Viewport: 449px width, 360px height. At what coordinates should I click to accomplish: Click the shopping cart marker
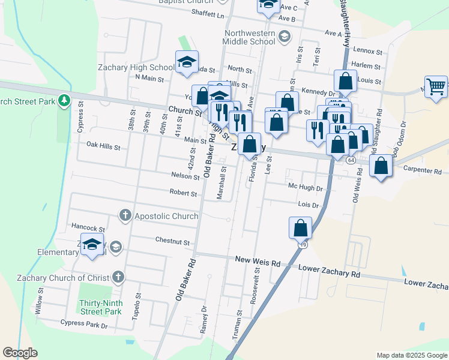436,87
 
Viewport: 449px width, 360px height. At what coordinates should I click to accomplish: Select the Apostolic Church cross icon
125,215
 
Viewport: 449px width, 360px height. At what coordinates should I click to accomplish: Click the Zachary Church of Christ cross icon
118,277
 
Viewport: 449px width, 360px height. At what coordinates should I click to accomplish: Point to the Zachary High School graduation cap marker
187,62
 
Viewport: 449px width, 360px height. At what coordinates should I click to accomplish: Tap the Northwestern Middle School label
249,37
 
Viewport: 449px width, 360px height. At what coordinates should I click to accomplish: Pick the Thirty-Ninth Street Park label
100,307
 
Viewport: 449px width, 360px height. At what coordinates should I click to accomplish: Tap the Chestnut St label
172,241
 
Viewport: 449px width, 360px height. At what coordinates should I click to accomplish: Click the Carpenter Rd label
421,170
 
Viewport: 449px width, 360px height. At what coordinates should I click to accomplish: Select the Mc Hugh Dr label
306,188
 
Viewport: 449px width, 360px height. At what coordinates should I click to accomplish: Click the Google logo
20,353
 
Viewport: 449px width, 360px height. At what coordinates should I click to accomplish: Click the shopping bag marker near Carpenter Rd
381,166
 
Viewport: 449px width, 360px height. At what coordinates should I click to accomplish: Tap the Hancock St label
88,229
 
